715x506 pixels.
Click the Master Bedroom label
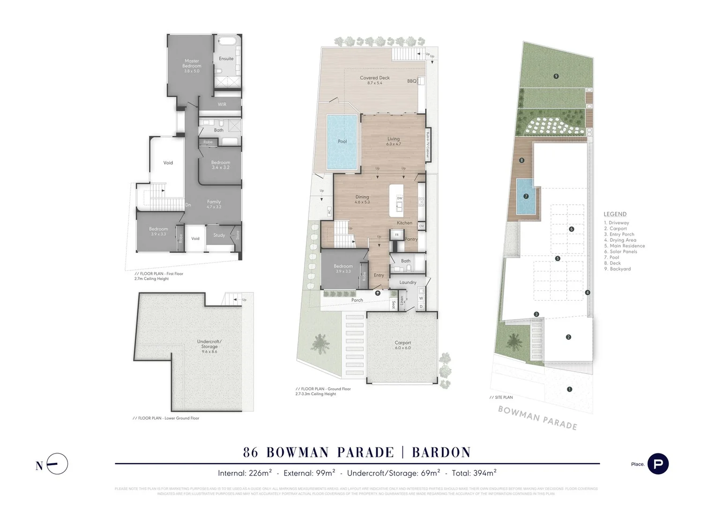[x=192, y=63]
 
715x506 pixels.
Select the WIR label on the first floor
[x=222, y=104]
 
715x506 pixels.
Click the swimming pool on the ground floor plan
[x=342, y=141]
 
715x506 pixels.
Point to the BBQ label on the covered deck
[x=411, y=81]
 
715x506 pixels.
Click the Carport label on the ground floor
[x=402, y=343]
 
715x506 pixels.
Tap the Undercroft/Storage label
[x=209, y=344]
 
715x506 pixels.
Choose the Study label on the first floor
[x=219, y=235]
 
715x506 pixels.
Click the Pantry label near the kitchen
[x=411, y=239]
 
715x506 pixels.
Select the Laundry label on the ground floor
[x=408, y=283]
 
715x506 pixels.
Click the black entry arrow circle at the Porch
[x=378, y=293]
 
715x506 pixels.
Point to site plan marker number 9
[x=556, y=76]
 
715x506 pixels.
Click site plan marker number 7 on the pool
[x=526, y=196]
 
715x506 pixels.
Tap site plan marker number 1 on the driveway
[x=569, y=389]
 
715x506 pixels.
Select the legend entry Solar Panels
[x=623, y=252]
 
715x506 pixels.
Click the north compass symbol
[x=58, y=464]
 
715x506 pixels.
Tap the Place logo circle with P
[x=658, y=464]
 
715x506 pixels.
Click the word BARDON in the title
[x=441, y=452]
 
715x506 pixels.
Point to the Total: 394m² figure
[x=474, y=473]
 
